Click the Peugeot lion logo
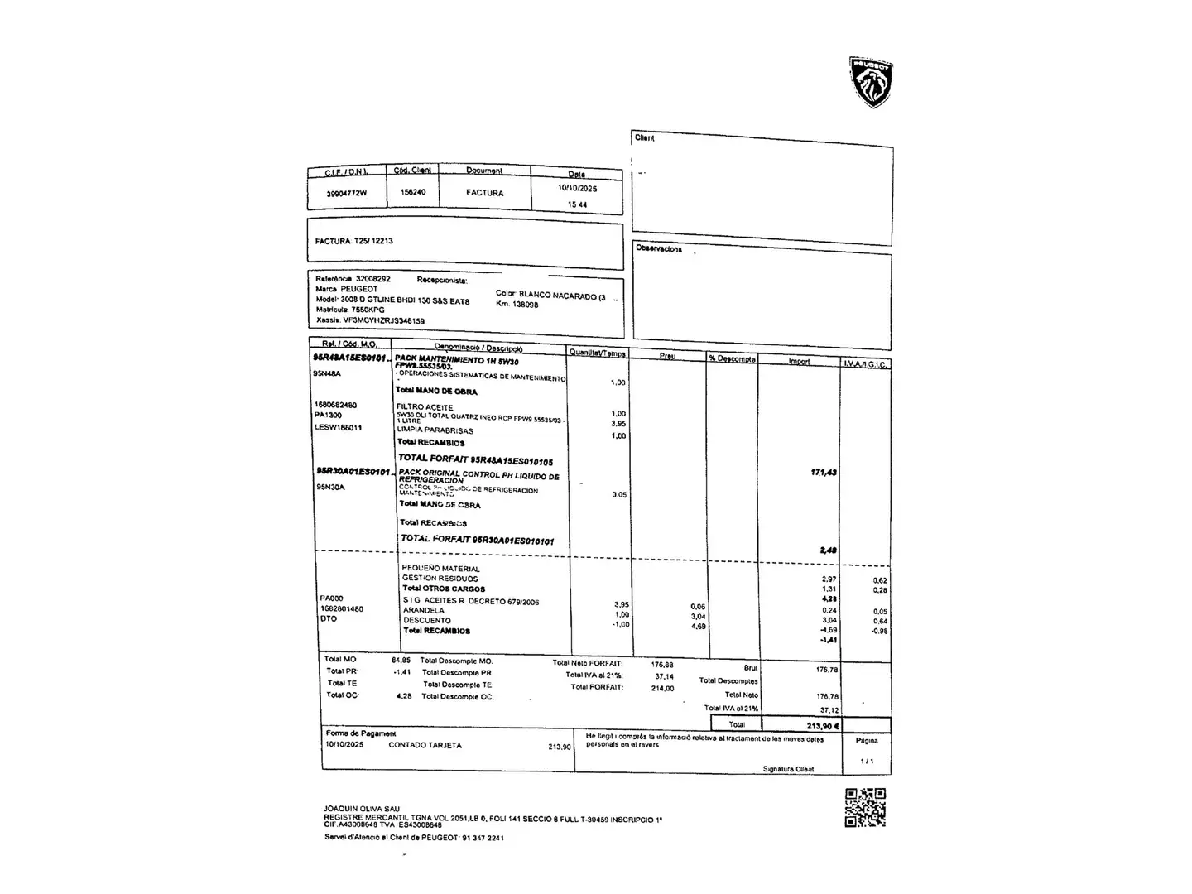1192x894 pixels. click(x=871, y=82)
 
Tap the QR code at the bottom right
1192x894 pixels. click(x=865, y=808)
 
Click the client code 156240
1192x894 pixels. click(x=413, y=192)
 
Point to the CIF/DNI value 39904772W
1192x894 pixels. click(x=346, y=193)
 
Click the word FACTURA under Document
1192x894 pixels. click(x=484, y=193)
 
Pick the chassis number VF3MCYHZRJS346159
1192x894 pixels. click(x=384, y=320)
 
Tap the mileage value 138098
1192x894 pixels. click(x=526, y=305)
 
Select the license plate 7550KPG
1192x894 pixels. click(x=368, y=310)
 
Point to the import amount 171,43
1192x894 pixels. click(x=824, y=473)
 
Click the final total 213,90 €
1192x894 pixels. click(x=823, y=726)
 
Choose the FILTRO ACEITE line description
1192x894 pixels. click(x=425, y=407)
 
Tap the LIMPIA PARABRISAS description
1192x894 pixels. click(x=435, y=430)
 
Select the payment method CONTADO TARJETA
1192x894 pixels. click(x=425, y=745)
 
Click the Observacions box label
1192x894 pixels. click(x=659, y=248)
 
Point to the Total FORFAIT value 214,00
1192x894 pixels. click(x=662, y=688)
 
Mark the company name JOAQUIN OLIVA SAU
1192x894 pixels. click(x=362, y=809)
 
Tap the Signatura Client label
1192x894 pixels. click(x=788, y=769)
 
